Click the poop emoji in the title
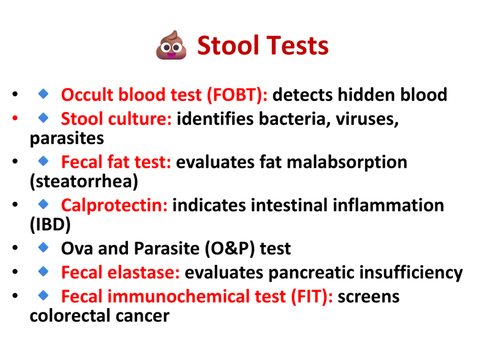coord(171,45)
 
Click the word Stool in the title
coord(228,45)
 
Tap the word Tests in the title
coord(298,45)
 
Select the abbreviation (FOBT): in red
coord(237,95)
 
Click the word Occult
coord(87,95)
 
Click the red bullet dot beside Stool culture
coord(15,118)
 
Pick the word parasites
coord(67,138)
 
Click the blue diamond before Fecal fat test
coord(44,161)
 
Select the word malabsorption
coord(347,162)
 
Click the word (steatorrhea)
coord(84,181)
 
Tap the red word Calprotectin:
coord(114,205)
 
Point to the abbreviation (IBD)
coord(50,225)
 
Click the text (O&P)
coord(230,248)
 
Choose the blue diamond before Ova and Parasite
coord(44,247)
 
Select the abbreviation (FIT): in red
coord(312,297)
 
